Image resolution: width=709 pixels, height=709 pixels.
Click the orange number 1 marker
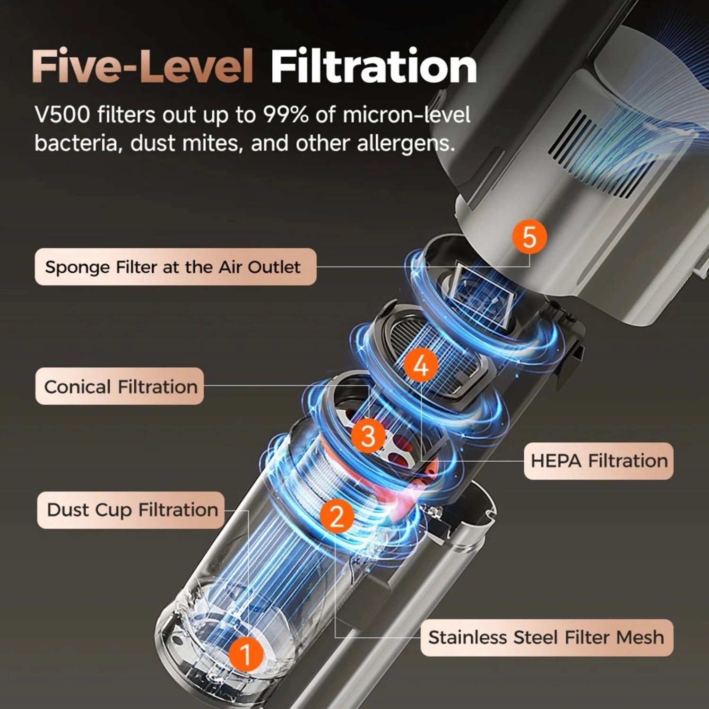pos(245,654)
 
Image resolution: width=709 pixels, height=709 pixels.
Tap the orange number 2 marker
pos(337,516)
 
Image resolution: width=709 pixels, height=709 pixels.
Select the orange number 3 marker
pos(368,436)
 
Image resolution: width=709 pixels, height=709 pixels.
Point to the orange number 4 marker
pos(421,365)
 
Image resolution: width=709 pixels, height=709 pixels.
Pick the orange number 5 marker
pos(529,236)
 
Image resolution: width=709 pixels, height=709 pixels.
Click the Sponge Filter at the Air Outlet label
pos(175,267)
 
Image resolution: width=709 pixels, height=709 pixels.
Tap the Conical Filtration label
pos(120,386)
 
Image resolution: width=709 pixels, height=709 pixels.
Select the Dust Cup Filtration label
pos(131,510)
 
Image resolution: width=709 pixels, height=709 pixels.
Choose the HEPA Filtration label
pos(598,461)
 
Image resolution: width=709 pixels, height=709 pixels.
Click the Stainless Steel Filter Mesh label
pos(546,638)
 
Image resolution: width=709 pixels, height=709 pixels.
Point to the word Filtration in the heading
pos(373,67)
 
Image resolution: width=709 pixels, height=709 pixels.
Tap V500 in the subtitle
pos(62,115)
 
